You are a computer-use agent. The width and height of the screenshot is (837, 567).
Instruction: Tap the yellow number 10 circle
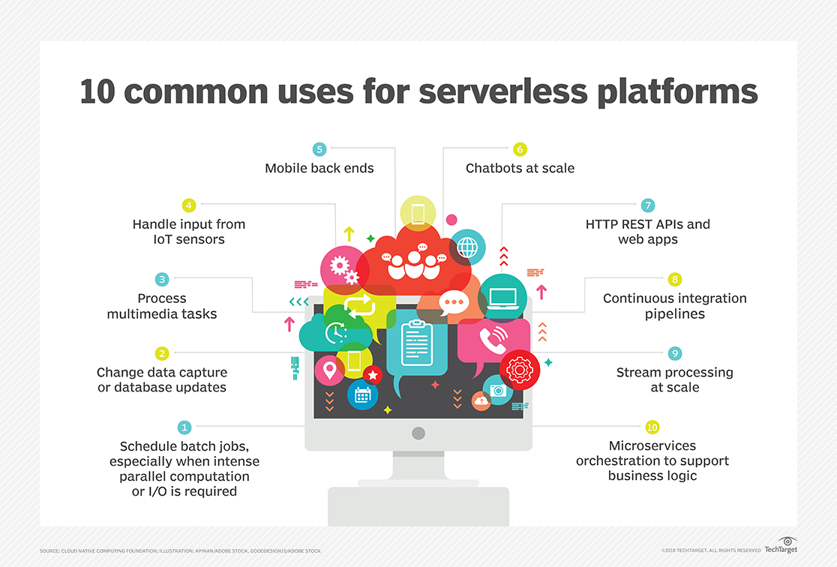(x=652, y=427)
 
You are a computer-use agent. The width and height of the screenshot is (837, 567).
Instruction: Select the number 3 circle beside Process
(x=162, y=279)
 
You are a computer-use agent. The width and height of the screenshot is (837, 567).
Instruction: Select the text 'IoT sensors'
(x=189, y=239)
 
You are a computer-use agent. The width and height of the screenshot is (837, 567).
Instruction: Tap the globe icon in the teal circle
(x=467, y=246)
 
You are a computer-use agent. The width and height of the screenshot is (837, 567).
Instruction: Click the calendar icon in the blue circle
(x=363, y=394)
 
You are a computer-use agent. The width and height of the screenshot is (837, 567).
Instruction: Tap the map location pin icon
(x=328, y=368)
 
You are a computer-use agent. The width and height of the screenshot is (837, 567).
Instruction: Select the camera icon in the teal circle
(x=498, y=390)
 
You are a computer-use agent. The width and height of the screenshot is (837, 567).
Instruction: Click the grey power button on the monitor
(x=418, y=433)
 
